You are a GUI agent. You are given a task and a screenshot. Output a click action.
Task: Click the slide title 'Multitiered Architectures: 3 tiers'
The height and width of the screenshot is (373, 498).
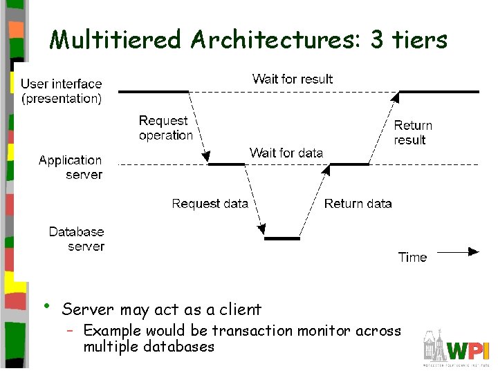248,40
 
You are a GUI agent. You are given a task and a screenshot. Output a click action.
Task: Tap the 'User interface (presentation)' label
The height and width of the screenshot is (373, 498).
62,91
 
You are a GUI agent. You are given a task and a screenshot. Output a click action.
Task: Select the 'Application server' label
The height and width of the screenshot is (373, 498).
71,167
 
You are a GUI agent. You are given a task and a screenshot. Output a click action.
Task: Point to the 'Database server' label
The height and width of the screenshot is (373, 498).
77,239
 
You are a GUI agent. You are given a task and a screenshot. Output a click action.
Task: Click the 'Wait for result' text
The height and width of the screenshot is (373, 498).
292,79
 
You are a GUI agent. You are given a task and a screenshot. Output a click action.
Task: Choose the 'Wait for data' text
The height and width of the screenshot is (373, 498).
286,153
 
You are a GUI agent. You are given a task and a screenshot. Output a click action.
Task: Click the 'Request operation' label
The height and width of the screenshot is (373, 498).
165,128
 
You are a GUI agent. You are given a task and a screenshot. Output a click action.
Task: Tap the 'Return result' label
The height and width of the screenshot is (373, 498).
412,133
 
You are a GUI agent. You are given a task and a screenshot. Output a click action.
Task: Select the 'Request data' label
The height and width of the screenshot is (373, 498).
210,203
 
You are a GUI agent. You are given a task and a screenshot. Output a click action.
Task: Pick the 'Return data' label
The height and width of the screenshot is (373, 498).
358,203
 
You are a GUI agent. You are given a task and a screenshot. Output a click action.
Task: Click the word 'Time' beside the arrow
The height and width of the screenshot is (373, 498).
412,257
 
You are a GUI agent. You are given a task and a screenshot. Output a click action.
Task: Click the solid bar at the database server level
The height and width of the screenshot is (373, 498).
282,238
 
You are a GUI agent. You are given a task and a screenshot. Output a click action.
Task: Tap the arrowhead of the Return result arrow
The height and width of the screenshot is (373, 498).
395,97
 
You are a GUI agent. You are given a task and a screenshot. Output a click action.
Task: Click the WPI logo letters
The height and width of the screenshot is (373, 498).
468,350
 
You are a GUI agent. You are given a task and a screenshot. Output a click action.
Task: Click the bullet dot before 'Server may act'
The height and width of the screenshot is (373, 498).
46,306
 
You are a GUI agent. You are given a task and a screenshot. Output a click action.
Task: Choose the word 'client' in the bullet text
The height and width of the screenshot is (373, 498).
239,309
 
